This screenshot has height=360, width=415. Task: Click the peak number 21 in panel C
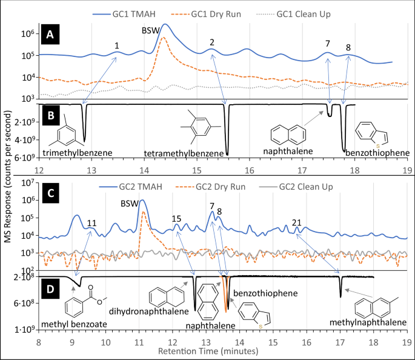296,222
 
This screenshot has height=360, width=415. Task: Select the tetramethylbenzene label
180,153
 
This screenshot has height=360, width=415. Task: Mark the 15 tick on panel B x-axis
197,170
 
